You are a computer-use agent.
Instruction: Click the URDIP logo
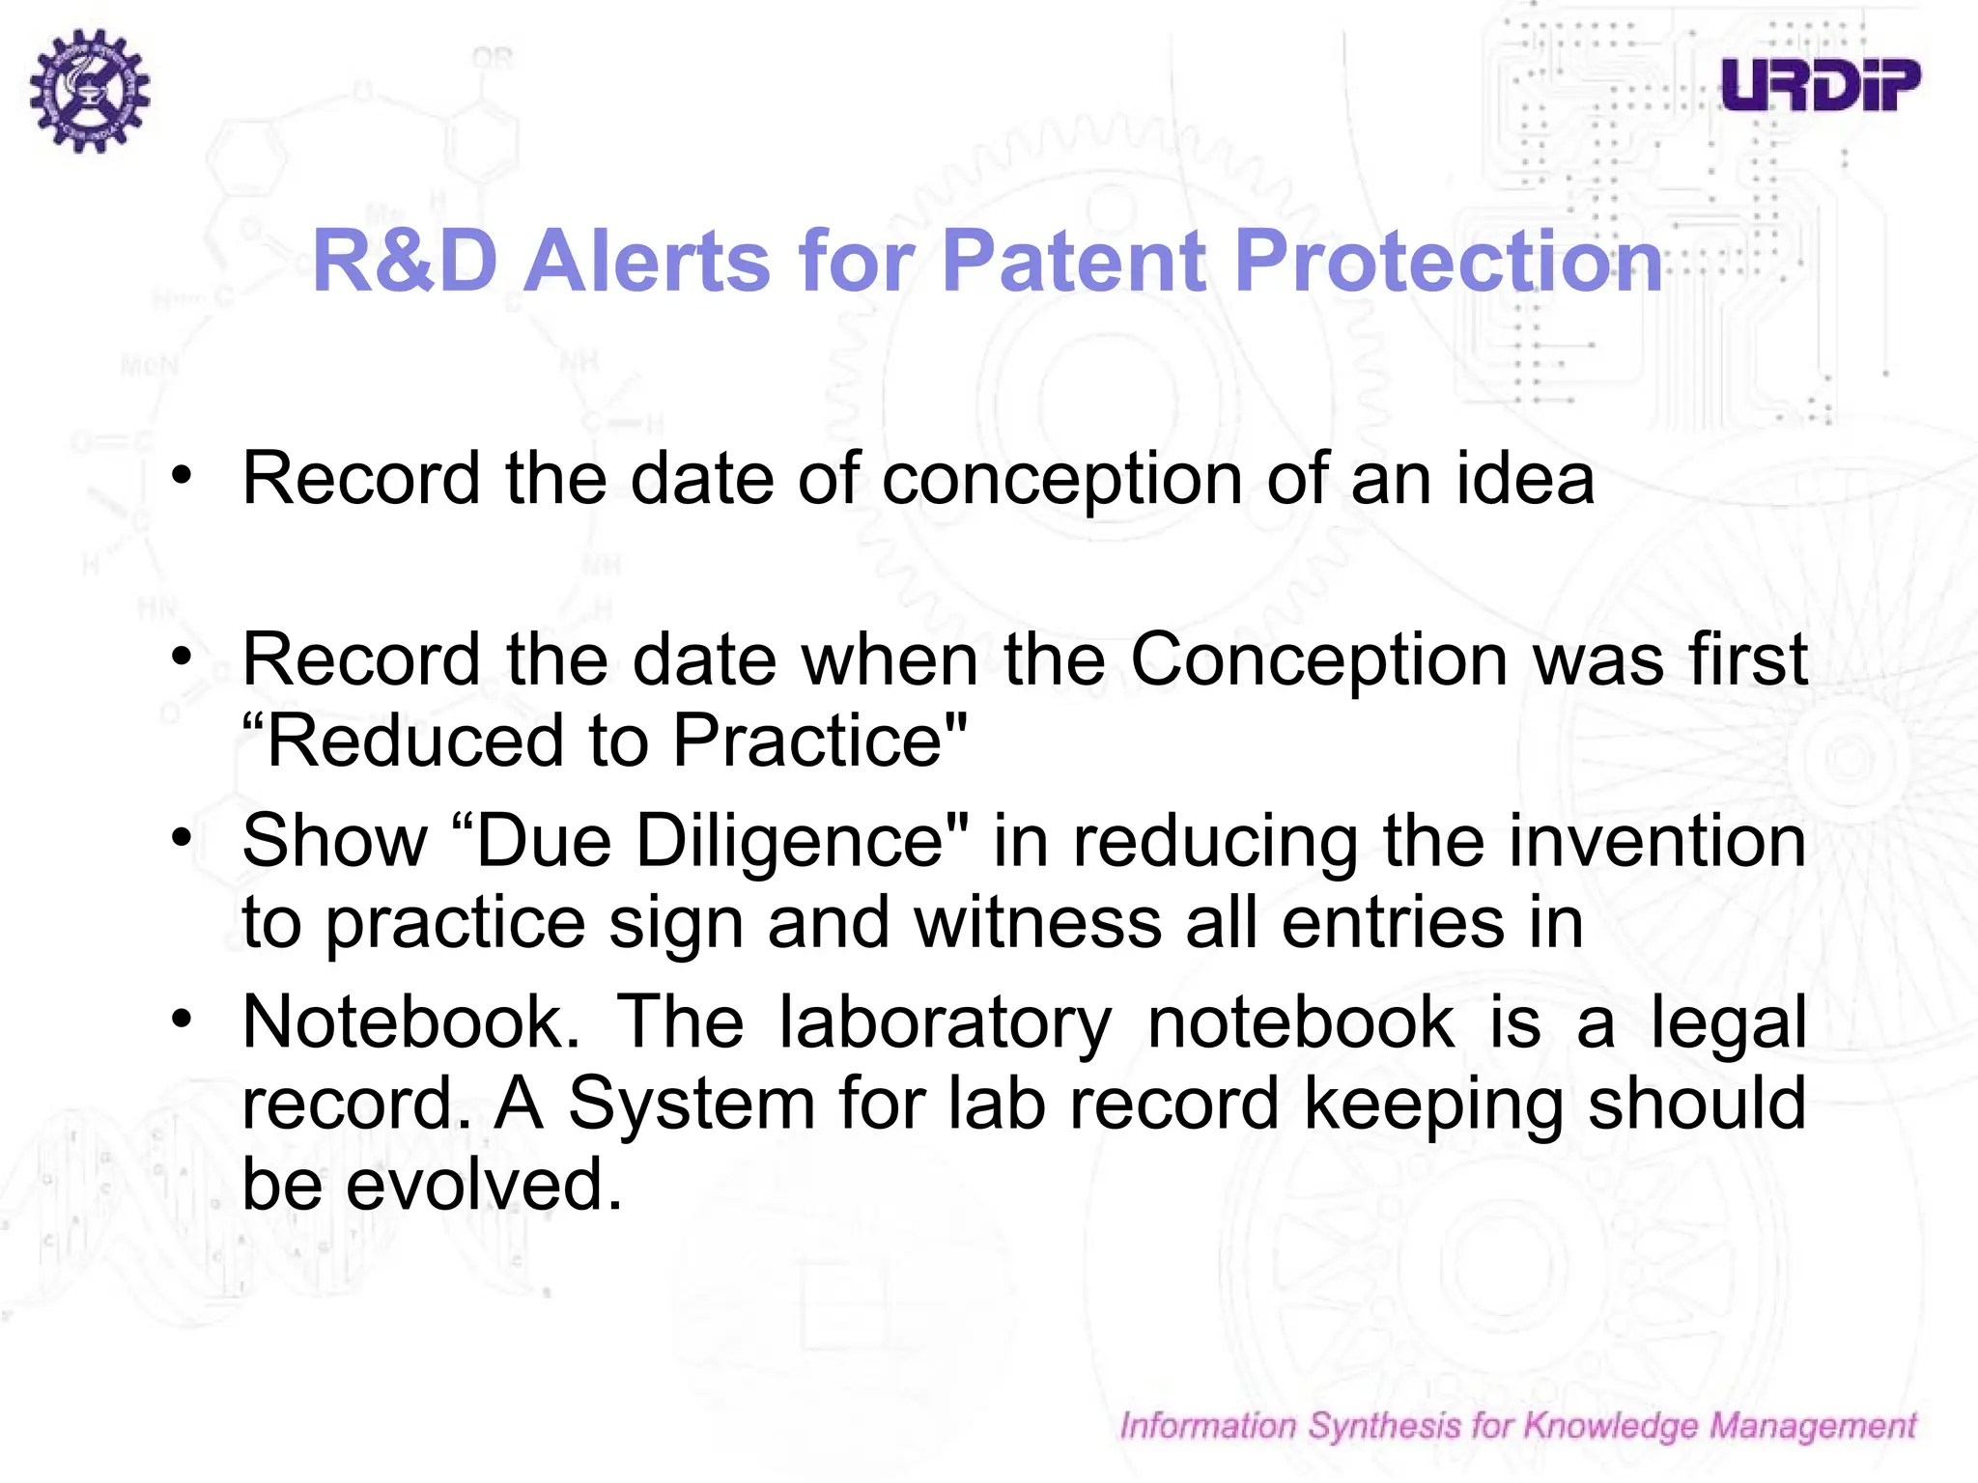[1820, 84]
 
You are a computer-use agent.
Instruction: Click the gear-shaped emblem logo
[89, 90]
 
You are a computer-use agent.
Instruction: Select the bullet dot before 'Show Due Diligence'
[182, 836]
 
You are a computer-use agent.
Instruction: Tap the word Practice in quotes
[807, 741]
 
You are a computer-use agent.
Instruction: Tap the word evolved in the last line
[483, 1185]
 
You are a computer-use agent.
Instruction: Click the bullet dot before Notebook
[182, 1019]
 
